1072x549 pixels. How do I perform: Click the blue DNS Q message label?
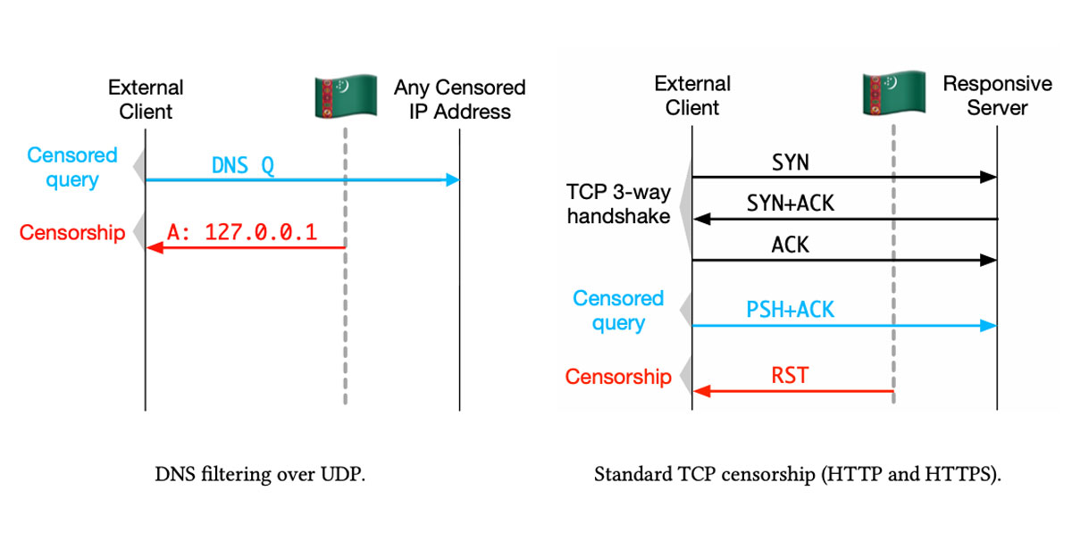coord(243,165)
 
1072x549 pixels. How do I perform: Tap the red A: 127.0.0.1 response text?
coord(242,232)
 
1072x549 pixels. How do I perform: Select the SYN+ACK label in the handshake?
coord(790,204)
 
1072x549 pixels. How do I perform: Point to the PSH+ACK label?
coord(790,310)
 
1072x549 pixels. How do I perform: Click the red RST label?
coord(790,376)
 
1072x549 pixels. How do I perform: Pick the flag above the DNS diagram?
coord(346,96)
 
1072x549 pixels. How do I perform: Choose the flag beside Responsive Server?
coord(893,93)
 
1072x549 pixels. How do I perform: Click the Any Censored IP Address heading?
coord(460,99)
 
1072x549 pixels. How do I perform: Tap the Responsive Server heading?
coord(997,96)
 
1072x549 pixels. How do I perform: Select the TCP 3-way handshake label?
coord(618,204)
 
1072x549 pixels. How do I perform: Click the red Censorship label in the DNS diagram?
coord(72,233)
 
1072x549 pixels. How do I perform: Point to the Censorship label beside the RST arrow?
coord(618,377)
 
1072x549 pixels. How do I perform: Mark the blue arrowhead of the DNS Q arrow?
coord(453,179)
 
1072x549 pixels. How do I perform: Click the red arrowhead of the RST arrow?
coord(701,391)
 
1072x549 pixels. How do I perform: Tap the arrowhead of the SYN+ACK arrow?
coord(701,219)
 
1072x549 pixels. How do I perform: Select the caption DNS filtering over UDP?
coord(260,474)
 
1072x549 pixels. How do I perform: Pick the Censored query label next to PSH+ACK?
coord(618,311)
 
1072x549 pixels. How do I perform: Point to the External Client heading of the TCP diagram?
coord(692,96)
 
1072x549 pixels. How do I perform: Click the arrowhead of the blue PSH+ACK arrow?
coord(989,326)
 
